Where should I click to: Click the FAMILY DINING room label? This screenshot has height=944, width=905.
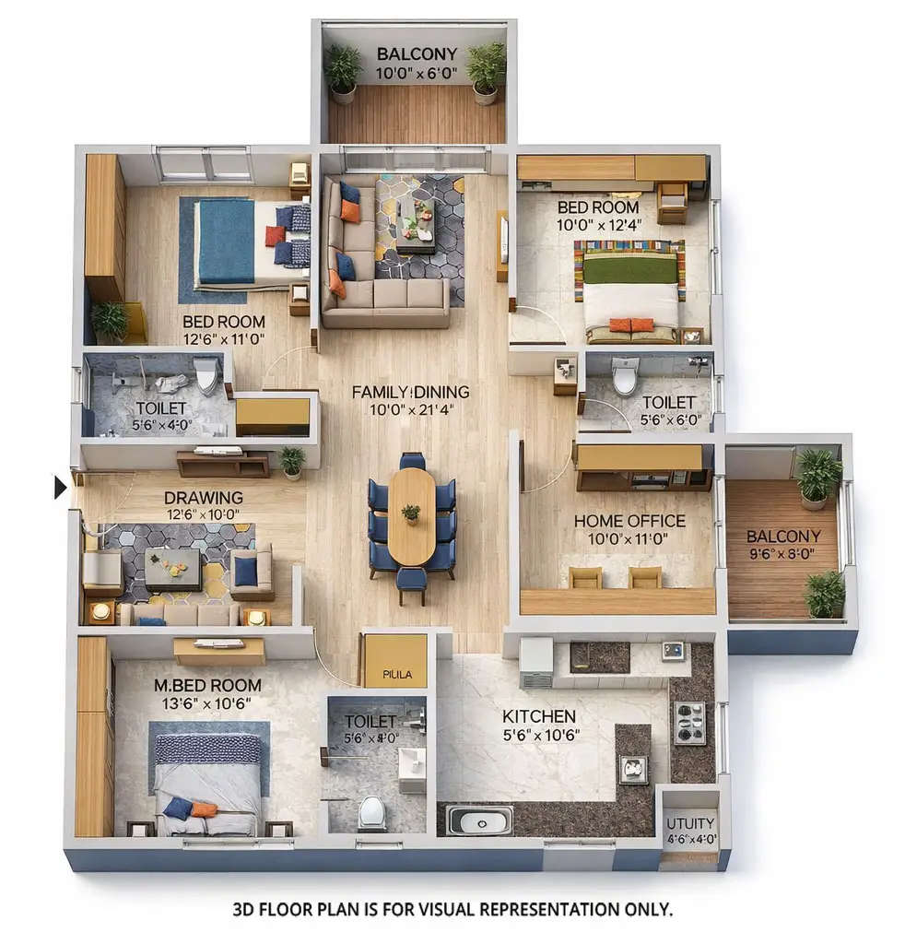tap(410, 392)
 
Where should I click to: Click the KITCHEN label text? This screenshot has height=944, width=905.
tap(539, 716)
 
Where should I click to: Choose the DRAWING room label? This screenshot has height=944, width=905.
tap(204, 498)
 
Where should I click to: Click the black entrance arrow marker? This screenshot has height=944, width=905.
tap(61, 487)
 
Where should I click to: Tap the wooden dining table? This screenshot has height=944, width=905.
tap(411, 516)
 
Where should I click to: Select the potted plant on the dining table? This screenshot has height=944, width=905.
tap(411, 513)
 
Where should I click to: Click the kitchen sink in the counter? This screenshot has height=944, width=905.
tap(479, 820)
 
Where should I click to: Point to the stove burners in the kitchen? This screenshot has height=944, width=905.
tap(690, 723)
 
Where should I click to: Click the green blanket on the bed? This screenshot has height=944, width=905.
tap(631, 268)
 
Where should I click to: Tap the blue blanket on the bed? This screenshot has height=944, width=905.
tap(226, 241)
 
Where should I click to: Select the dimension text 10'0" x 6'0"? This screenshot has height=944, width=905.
tap(417, 72)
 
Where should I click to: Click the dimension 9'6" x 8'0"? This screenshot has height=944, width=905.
tap(783, 555)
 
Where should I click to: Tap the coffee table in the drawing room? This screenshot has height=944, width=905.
tap(173, 568)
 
